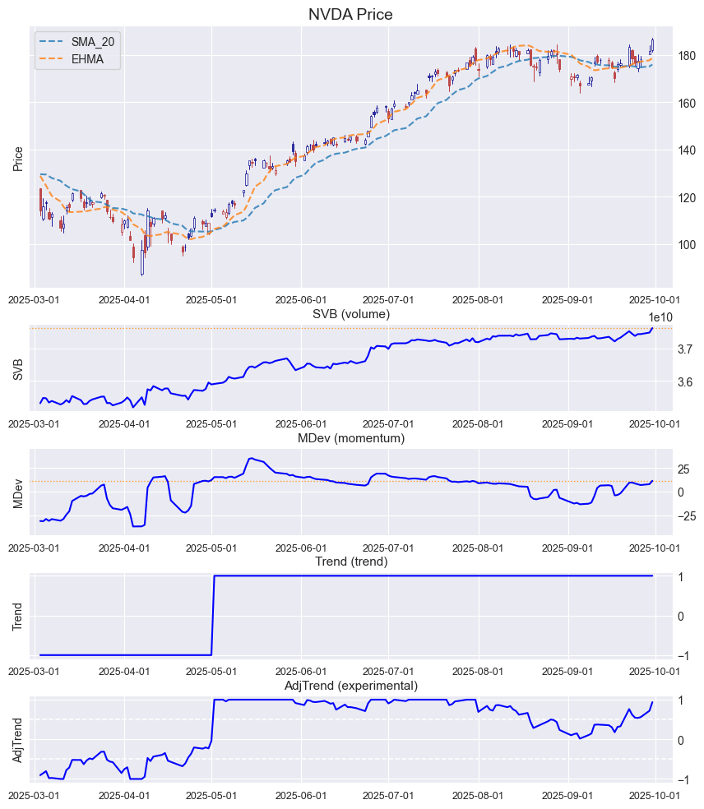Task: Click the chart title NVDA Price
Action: point(350,14)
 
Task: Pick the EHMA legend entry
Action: point(87,59)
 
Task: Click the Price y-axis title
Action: point(18,159)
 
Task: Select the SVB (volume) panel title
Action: point(350,313)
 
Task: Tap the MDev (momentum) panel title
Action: point(350,438)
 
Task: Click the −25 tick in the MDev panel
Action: point(686,516)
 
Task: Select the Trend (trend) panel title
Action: point(350,562)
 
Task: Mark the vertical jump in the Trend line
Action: point(213,616)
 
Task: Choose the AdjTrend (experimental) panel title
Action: point(350,686)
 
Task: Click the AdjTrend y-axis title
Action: point(18,739)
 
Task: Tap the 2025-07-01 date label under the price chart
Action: point(387,301)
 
